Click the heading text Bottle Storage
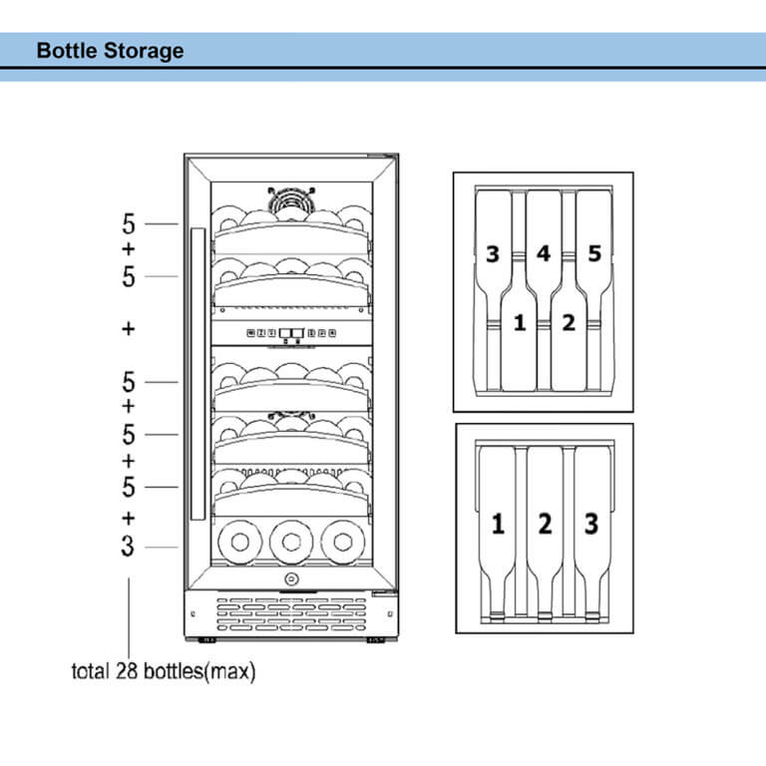[x=110, y=50]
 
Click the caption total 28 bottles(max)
[x=164, y=671]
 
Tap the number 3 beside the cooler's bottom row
[x=128, y=547]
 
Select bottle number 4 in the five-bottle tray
[x=543, y=253]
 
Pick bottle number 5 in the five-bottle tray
[x=594, y=253]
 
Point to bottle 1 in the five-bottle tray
[x=518, y=323]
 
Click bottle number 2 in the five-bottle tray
[x=569, y=323]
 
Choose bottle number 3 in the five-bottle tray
[x=492, y=253]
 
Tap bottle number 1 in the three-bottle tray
[x=497, y=522]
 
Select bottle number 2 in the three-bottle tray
[x=544, y=522]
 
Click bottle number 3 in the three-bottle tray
[x=591, y=522]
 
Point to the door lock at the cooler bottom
[x=290, y=579]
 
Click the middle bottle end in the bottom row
[x=291, y=542]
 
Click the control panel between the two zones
[x=290, y=335]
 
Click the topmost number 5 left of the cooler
[x=128, y=223]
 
